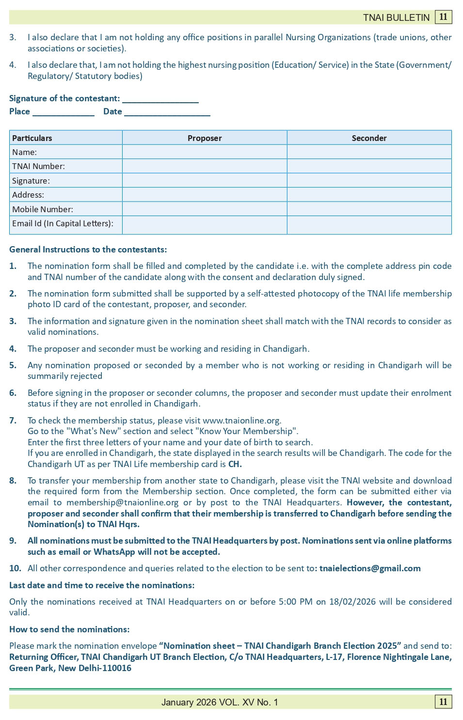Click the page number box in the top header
click(x=443, y=17)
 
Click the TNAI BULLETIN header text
click(x=396, y=17)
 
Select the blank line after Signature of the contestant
click(x=160, y=99)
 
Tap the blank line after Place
click(x=64, y=112)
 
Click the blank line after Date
click(x=167, y=112)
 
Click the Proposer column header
click(x=205, y=138)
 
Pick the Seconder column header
click(x=369, y=138)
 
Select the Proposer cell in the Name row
click(x=205, y=152)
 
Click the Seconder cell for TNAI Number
click(x=369, y=166)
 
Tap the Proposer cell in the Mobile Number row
click(x=205, y=209)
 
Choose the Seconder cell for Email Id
click(x=369, y=225)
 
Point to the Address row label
click(x=28, y=195)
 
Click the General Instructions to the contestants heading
click(x=88, y=250)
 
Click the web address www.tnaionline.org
click(x=241, y=421)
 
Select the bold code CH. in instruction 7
click(x=235, y=464)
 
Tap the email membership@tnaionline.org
click(x=122, y=502)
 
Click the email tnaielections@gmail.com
click(x=370, y=568)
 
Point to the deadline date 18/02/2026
click(x=352, y=602)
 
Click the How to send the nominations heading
click(x=69, y=629)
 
